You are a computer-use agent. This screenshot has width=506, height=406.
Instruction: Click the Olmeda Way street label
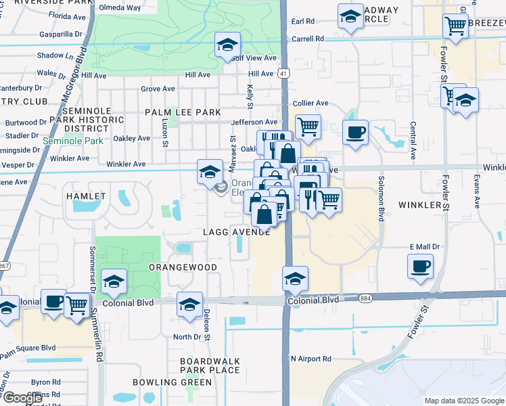point(120,7)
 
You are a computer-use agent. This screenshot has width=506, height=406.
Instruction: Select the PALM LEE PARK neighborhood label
point(182,112)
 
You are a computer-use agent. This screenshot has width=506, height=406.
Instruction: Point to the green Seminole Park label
point(73,141)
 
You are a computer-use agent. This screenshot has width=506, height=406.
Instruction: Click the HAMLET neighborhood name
point(86,196)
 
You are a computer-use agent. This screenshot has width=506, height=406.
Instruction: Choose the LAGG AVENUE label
point(236,231)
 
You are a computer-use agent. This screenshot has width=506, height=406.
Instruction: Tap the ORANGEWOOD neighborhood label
point(183,267)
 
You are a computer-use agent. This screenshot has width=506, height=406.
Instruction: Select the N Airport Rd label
point(311,359)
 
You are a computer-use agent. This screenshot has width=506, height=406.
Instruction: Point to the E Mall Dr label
point(425,247)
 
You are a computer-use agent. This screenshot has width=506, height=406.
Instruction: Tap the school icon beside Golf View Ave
point(227,45)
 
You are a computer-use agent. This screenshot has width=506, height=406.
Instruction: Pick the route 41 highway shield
point(284,73)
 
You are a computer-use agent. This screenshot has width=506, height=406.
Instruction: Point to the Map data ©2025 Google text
point(465,401)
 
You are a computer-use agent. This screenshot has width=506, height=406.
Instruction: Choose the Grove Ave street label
point(158,89)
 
